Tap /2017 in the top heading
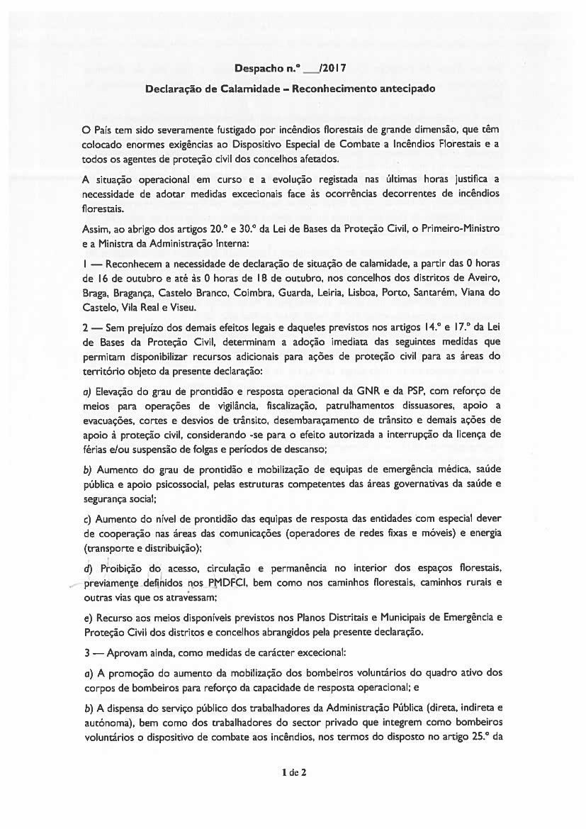tap(331, 69)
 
